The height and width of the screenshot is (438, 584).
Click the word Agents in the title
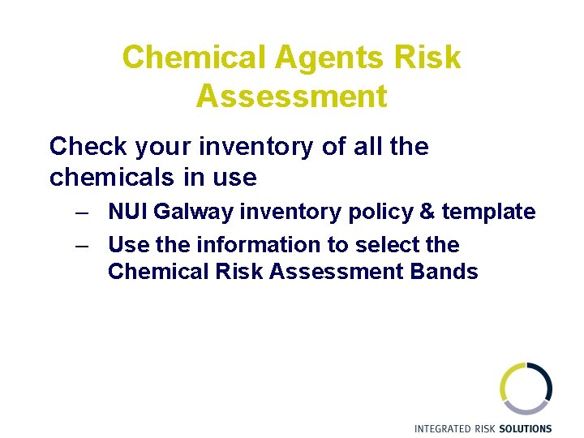(328, 58)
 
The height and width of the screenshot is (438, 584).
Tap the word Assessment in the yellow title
(291, 96)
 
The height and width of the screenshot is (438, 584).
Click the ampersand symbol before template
(427, 212)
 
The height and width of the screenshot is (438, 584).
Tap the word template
(488, 213)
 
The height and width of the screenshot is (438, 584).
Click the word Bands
(443, 271)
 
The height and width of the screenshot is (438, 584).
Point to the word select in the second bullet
(386, 244)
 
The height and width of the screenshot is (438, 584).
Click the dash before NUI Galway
(80, 213)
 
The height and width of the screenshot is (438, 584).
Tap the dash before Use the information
(80, 245)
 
